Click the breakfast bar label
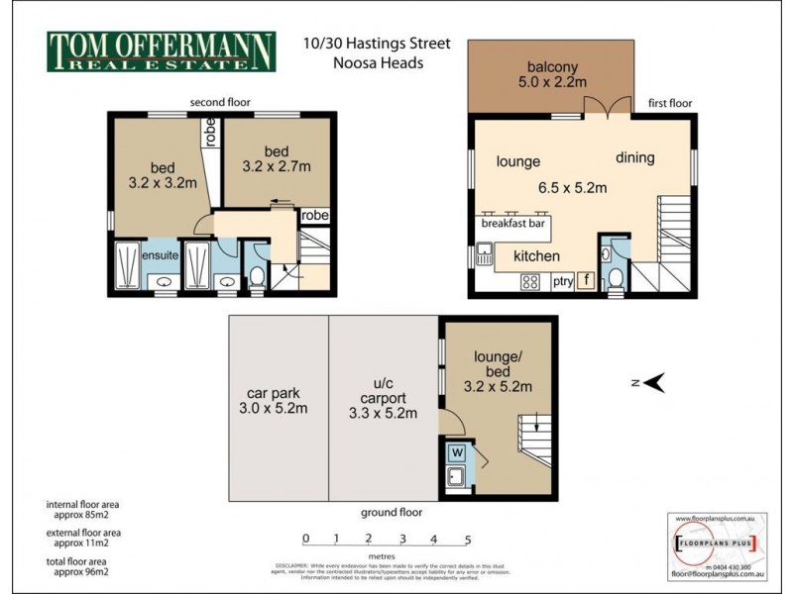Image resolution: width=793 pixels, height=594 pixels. [513, 224]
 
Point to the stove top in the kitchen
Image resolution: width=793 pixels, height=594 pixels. [530, 281]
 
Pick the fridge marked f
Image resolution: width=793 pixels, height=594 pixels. [586, 280]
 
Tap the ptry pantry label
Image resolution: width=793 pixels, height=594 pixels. [562, 281]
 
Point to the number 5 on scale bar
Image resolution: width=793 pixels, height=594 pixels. [467, 540]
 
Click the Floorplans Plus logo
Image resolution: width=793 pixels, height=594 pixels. [716, 544]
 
